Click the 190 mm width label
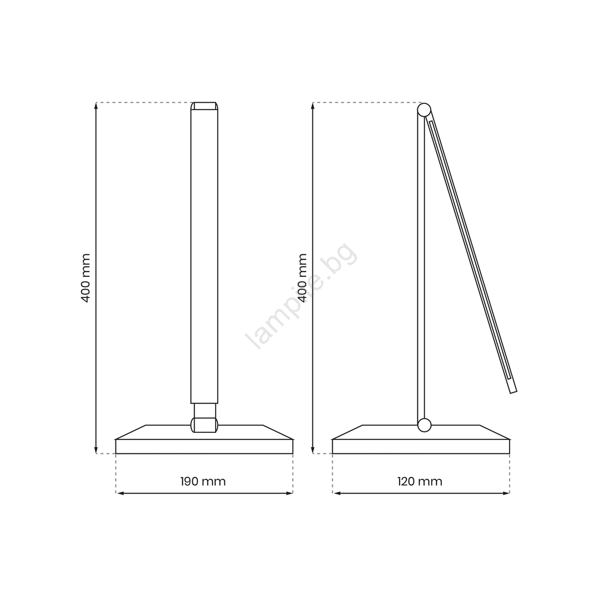coord(203,481)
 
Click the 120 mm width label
coord(420,481)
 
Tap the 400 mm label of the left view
coord(86,278)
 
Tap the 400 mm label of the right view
coord(302,278)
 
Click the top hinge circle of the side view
coord(424,110)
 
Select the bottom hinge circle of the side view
coord(424,425)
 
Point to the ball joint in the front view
coord(205,425)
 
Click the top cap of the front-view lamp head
coord(205,106)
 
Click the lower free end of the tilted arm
coord(513,392)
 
